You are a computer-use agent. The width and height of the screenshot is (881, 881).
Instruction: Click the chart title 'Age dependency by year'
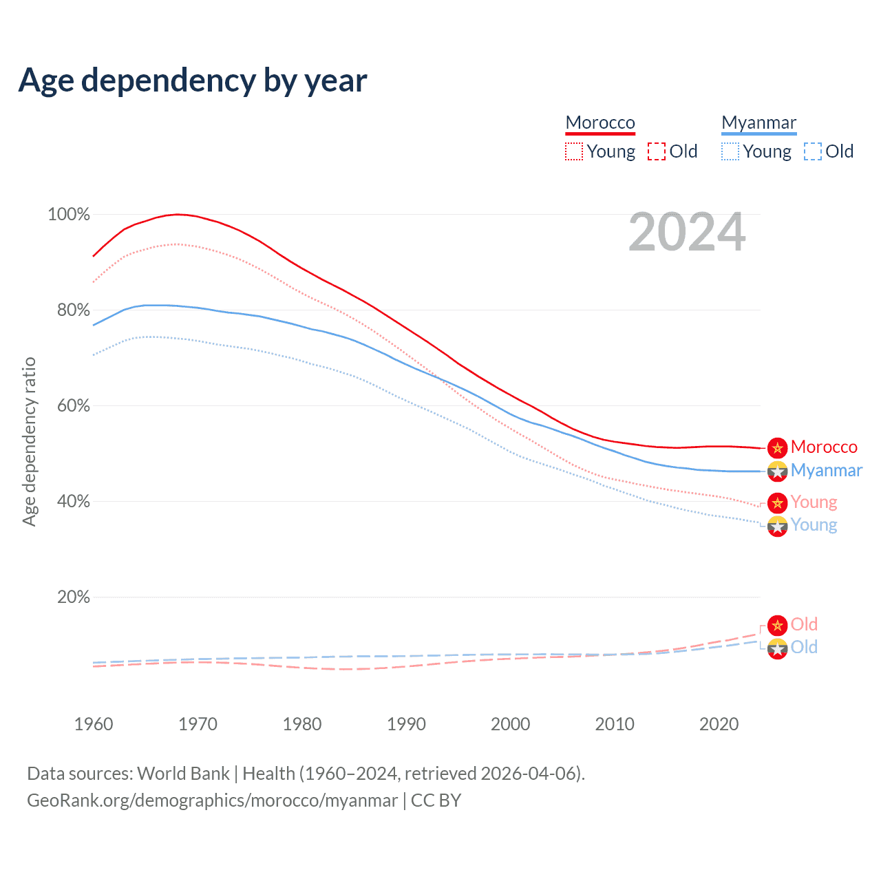tap(193, 80)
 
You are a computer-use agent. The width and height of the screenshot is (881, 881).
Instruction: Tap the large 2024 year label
tap(687, 233)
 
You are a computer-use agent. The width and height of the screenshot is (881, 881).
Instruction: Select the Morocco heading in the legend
tap(600, 123)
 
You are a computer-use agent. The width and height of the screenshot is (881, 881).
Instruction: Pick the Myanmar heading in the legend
tap(758, 123)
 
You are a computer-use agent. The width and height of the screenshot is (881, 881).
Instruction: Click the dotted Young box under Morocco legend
tap(574, 151)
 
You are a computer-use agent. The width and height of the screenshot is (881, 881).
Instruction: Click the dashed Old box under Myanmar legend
tap(813, 151)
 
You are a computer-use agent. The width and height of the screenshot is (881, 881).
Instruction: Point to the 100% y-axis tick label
tap(69, 215)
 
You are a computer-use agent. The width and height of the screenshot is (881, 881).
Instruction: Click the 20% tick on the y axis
tap(74, 597)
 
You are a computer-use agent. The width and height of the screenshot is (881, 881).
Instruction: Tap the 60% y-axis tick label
tap(74, 405)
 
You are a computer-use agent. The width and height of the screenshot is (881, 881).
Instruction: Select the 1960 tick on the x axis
tap(94, 724)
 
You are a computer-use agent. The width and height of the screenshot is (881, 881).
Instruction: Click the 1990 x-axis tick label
tap(406, 724)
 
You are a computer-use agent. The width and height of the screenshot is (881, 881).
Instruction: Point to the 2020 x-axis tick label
tap(719, 724)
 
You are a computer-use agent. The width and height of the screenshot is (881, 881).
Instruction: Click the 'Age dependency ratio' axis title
tap(29, 441)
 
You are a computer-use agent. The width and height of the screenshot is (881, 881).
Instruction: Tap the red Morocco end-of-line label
tap(824, 447)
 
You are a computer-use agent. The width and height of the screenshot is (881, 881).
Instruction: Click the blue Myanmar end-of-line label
tap(826, 470)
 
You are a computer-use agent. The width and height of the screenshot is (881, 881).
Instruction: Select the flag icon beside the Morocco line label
tap(777, 448)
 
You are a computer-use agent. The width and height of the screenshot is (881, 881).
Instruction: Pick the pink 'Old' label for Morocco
tap(804, 624)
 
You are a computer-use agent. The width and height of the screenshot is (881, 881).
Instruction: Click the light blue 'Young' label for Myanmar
tap(814, 525)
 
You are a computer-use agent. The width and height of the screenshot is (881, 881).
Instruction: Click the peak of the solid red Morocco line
tap(178, 214)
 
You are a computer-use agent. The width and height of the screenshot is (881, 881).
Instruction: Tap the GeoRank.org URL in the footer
tap(212, 800)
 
